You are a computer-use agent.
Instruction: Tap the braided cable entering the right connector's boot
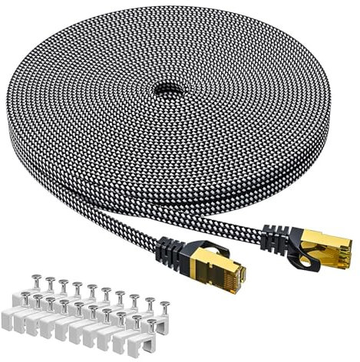click(x=257, y=227)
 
